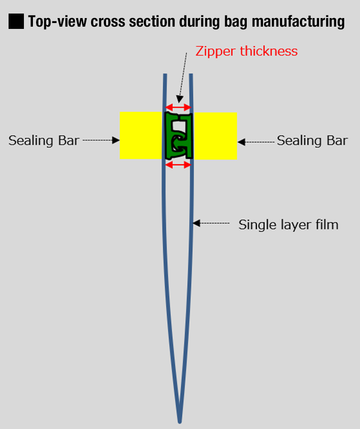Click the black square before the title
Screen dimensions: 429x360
pyautogui.click(x=16, y=21)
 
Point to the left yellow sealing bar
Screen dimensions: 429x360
pyautogui.click(x=141, y=135)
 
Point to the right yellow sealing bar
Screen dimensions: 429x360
pyautogui.click(x=215, y=135)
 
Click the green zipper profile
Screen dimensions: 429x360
pyautogui.click(x=179, y=136)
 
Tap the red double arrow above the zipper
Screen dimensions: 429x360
pyautogui.click(x=179, y=107)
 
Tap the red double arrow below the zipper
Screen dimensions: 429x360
pyautogui.click(x=179, y=165)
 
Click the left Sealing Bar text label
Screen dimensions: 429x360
pyautogui.click(x=44, y=140)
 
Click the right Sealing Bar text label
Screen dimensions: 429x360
pyautogui.click(x=312, y=140)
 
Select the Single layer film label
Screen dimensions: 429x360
pyautogui.click(x=288, y=224)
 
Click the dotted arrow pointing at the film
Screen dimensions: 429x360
pyautogui.click(x=212, y=223)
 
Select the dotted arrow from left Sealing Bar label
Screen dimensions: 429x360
pyautogui.click(x=100, y=140)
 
